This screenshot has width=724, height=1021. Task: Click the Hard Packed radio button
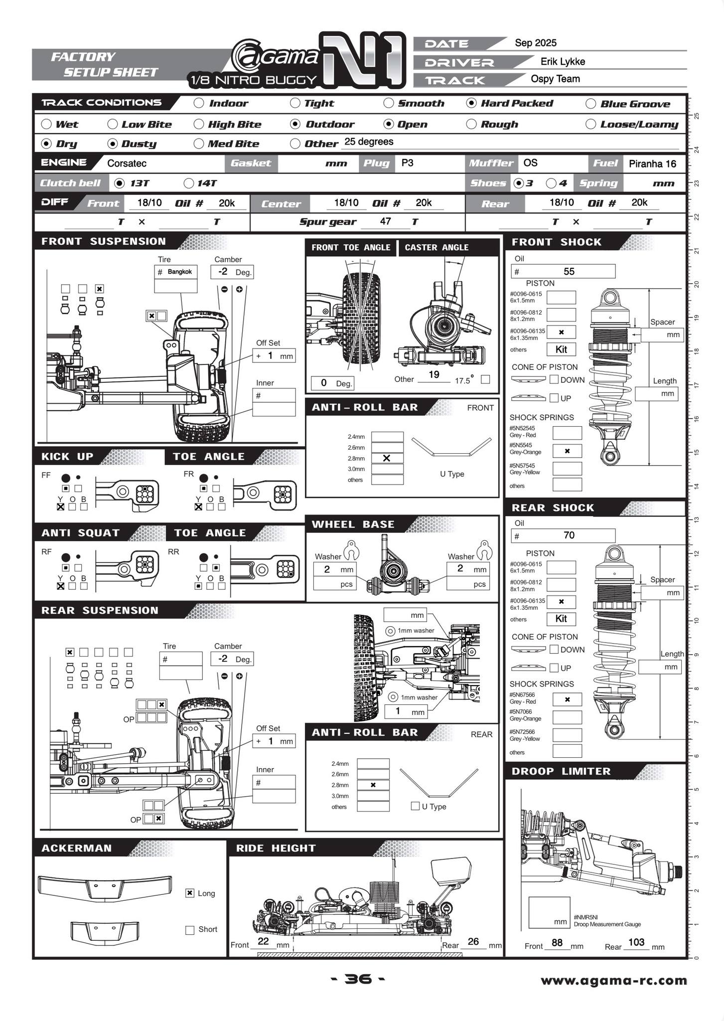coord(471,103)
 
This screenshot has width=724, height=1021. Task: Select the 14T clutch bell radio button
coord(189,183)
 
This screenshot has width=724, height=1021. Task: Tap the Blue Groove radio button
coord(590,104)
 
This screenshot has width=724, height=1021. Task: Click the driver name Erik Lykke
coord(563,61)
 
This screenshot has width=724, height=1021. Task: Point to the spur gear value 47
coord(385,221)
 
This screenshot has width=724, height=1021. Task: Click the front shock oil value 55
coord(569,271)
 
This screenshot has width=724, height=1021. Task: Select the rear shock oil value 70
coord(569,535)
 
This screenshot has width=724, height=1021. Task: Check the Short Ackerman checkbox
coord(189,930)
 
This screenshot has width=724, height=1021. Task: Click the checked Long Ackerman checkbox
coord(189,893)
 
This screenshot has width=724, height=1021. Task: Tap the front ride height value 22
coord(264,941)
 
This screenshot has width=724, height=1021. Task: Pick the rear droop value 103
coord(636,942)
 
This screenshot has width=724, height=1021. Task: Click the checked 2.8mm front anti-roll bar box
coord(387,458)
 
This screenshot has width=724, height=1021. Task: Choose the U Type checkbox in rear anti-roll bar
coord(415,806)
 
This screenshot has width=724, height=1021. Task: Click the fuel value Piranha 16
coord(652,164)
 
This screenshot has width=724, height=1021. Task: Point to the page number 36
coord(358,979)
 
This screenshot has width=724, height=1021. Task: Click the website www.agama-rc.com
coord(613,981)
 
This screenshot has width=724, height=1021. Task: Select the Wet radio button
coord(46,124)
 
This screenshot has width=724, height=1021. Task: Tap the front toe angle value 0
coord(324,382)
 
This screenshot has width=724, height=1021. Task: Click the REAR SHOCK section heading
coord(553,508)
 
